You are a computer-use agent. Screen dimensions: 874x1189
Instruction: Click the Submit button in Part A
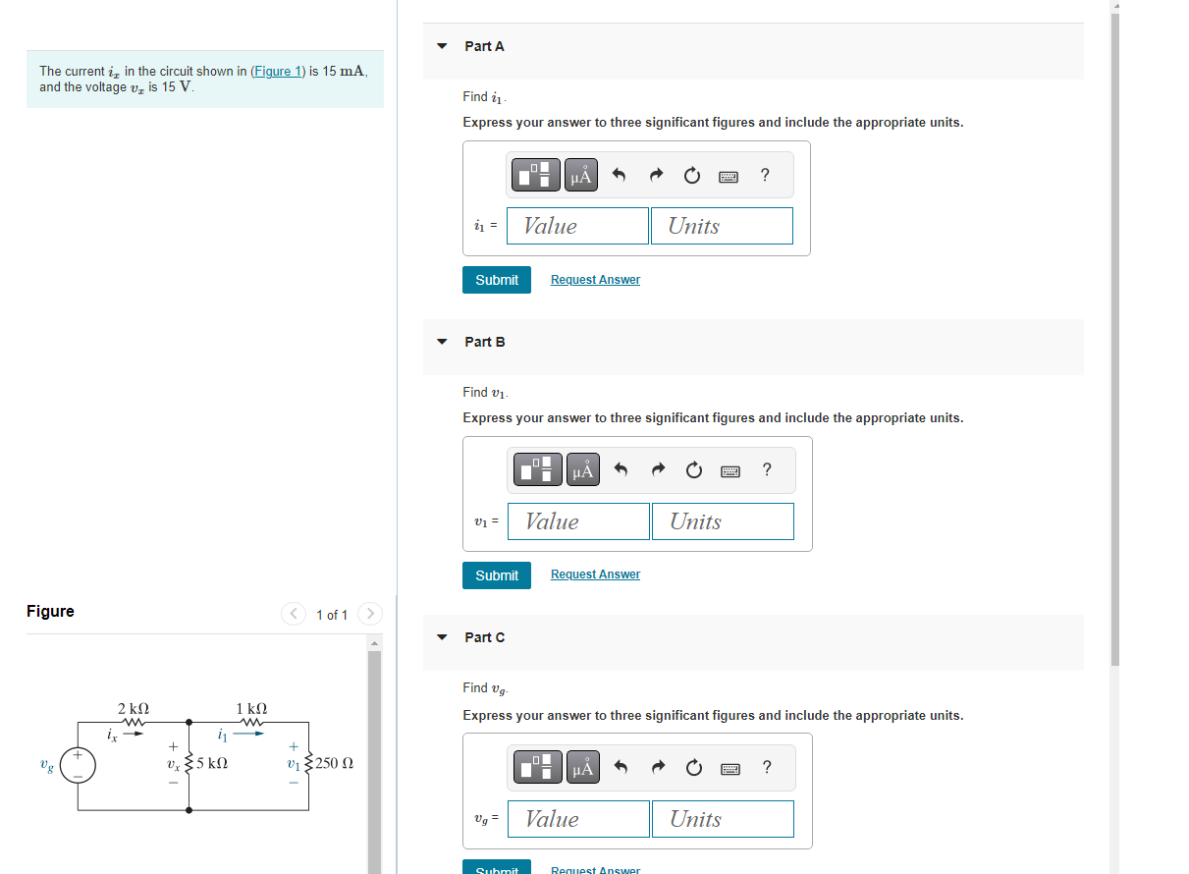497,280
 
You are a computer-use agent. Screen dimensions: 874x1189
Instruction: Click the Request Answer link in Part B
595,574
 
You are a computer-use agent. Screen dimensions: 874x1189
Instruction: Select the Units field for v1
723,521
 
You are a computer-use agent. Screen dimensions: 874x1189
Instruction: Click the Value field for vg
578,819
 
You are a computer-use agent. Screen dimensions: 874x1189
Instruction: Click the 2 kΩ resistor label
134,708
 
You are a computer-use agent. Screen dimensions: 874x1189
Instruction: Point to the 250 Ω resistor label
335,763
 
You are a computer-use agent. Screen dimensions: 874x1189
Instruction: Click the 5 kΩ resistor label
212,763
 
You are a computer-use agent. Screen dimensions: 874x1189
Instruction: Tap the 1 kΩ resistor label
251,708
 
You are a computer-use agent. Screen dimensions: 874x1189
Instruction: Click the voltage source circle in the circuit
79,764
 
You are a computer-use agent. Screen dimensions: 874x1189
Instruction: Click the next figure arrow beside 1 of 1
370,614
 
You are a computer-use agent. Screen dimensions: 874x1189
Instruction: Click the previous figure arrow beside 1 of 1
294,614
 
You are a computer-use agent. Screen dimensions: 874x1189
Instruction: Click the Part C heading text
485,637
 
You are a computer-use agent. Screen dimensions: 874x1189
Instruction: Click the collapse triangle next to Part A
442,46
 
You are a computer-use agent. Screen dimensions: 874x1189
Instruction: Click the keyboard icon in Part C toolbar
730,769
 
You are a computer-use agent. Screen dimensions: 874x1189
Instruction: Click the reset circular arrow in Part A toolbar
691,176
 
